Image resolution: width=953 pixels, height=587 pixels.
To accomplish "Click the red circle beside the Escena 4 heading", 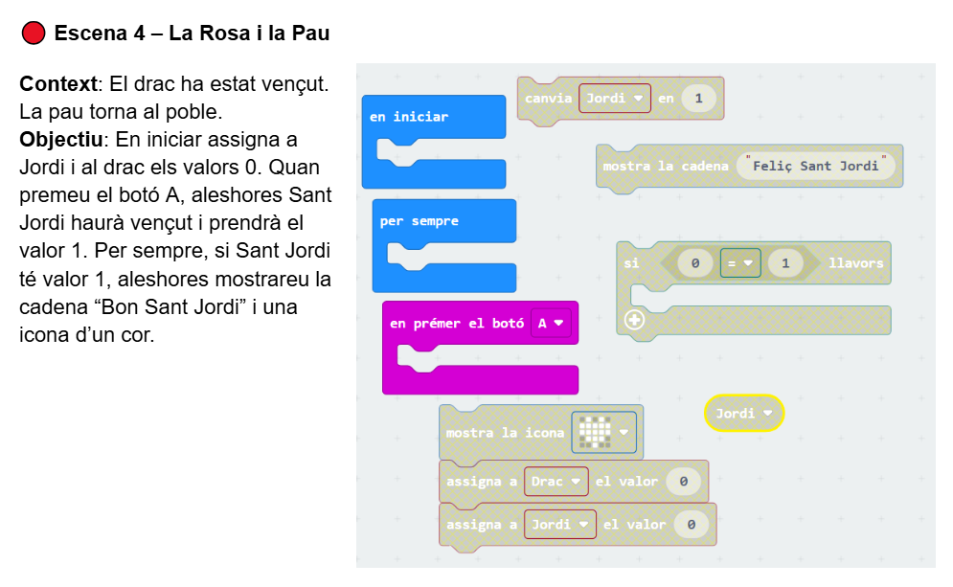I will [x=34, y=34].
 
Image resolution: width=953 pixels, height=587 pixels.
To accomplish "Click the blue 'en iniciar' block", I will [x=409, y=117].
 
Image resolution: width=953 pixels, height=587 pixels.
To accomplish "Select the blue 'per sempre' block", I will [x=420, y=221].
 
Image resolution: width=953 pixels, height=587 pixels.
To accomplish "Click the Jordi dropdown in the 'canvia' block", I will [x=614, y=99].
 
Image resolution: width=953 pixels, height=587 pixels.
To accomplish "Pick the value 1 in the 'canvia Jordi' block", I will [x=699, y=99].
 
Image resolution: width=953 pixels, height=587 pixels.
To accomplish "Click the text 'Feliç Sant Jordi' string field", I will [x=816, y=166].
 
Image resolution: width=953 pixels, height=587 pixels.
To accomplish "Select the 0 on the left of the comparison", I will [x=695, y=262].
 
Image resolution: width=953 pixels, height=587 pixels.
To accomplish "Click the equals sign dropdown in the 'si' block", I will [x=739, y=262].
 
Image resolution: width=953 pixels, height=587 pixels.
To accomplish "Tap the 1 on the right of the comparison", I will [x=785, y=262].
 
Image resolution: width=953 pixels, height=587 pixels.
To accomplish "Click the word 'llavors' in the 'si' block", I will [x=855, y=262].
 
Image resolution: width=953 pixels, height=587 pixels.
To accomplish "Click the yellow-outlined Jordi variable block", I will [x=743, y=414].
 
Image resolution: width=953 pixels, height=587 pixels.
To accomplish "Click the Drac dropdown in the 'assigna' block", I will [x=555, y=482].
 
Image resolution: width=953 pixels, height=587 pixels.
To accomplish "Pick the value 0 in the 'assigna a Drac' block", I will [x=683, y=482].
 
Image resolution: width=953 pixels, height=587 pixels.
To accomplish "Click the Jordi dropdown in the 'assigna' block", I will [x=559, y=525].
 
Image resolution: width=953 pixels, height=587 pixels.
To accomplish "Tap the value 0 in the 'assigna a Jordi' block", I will [x=691, y=525].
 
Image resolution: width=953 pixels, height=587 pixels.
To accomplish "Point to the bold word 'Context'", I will [x=57, y=84].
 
